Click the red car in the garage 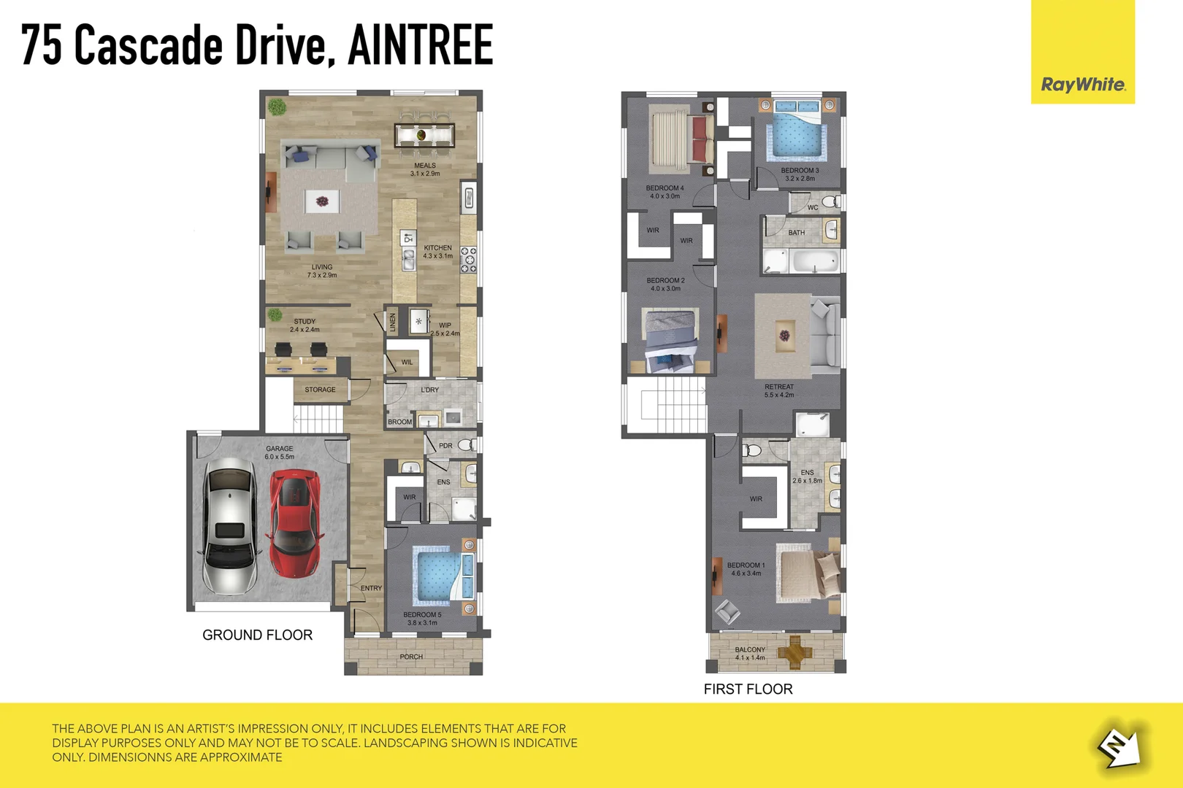tap(294, 523)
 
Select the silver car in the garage tap(230, 525)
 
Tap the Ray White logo tap(1083, 85)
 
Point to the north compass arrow tap(1120, 747)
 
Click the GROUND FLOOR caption tap(257, 635)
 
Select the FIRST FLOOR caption tap(748, 689)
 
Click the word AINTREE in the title tap(421, 45)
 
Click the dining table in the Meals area tap(424, 135)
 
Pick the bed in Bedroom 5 tap(443, 576)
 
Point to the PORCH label tap(411, 657)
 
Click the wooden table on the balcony tap(795, 650)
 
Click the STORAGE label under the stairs tap(320, 390)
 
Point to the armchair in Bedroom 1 tap(728, 611)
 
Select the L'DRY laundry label tap(430, 390)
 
